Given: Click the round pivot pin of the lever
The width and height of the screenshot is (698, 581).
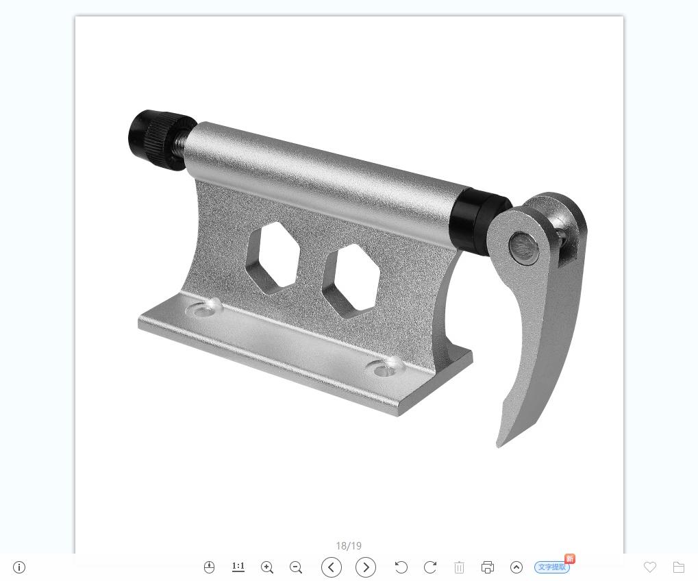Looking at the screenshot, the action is pyautogui.click(x=524, y=247).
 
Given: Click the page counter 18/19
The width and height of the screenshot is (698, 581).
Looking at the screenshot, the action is pyautogui.click(x=349, y=546).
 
